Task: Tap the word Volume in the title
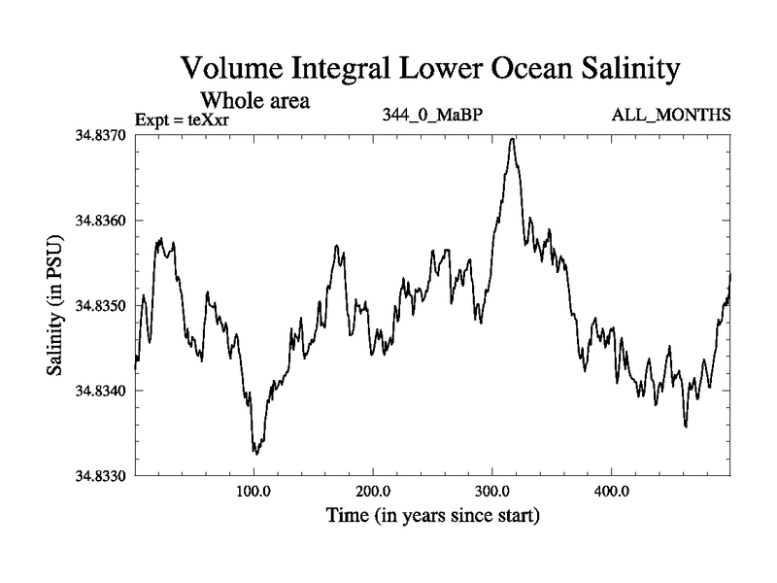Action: pyautogui.click(x=234, y=70)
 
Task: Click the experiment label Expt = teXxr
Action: pyautogui.click(x=193, y=120)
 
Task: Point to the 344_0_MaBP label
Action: pyautogui.click(x=433, y=116)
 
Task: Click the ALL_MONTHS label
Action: pyautogui.click(x=671, y=116)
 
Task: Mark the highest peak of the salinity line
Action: pyautogui.click(x=512, y=139)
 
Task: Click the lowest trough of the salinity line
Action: pyautogui.click(x=256, y=454)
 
